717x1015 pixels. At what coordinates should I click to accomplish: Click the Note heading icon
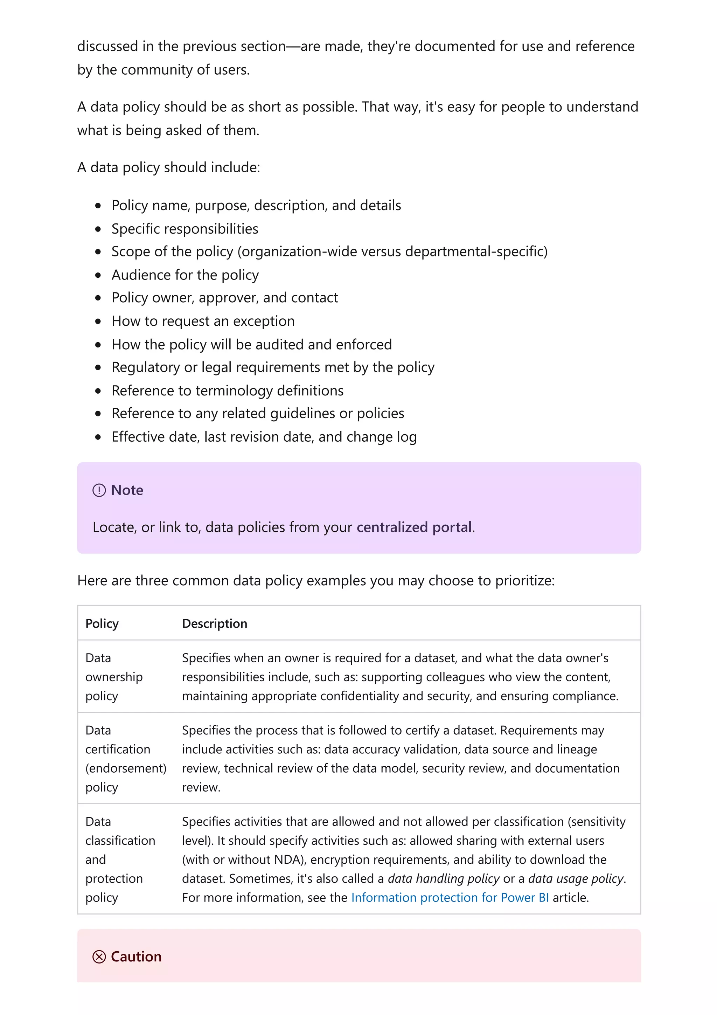point(99,490)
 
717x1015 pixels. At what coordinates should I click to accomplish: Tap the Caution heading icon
point(99,957)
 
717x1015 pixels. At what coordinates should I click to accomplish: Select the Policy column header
point(102,624)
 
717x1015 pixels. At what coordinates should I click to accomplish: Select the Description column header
point(215,624)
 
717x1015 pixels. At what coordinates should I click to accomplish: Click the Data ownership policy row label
point(114,677)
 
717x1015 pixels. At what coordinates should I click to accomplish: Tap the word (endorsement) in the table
point(126,768)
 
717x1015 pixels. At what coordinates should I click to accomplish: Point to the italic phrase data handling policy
point(444,879)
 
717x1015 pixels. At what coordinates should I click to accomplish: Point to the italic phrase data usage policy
point(576,879)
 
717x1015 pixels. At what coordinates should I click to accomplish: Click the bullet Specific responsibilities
point(185,229)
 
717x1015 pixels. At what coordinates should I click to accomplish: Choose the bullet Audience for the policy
point(185,275)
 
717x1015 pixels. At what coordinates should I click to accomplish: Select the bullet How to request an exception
point(203,322)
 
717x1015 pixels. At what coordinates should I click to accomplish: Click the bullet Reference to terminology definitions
point(228,391)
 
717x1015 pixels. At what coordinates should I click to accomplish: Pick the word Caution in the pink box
point(136,957)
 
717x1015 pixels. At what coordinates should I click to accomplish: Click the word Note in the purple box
point(127,490)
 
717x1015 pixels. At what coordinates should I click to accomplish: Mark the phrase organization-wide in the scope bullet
point(299,251)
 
